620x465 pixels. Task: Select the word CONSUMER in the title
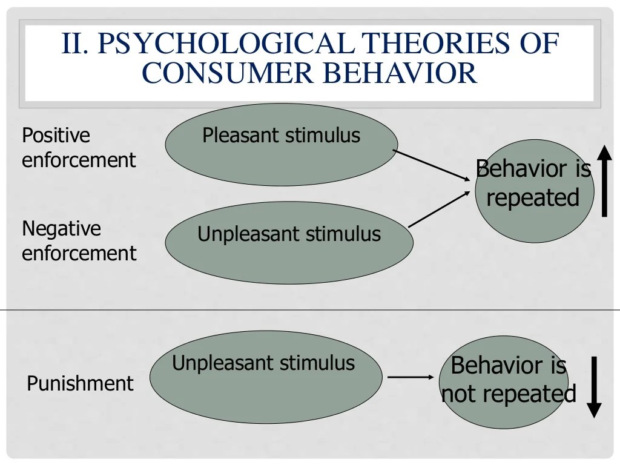click(x=225, y=73)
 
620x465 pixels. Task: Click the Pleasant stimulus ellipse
click(x=282, y=145)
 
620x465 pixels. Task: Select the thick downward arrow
click(x=594, y=387)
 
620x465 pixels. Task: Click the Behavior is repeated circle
click(x=533, y=191)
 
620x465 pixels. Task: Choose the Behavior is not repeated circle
click(x=504, y=381)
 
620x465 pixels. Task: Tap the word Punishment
click(x=80, y=383)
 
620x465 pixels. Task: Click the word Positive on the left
click(x=56, y=135)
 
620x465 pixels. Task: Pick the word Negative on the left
click(x=61, y=228)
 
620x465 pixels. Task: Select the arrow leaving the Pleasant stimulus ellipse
click(x=432, y=165)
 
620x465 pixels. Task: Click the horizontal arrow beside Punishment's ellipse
click(x=411, y=377)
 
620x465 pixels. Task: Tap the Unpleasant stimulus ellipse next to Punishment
click(x=266, y=378)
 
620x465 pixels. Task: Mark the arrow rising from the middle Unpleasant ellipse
click(x=440, y=209)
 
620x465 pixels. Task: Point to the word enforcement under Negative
click(x=79, y=253)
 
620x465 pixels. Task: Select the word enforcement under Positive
click(x=79, y=160)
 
